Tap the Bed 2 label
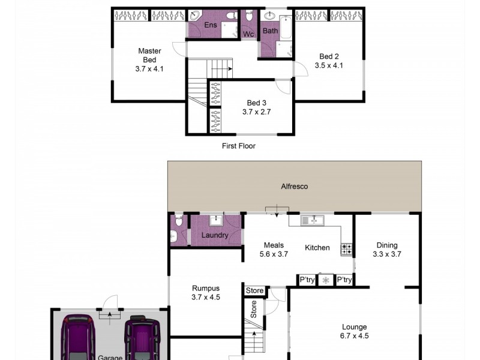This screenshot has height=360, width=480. click(328, 57)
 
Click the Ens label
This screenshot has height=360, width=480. click(210, 25)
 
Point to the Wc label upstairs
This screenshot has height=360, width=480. click(248, 34)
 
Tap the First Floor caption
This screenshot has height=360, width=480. click(238, 146)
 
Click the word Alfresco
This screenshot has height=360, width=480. click(294, 187)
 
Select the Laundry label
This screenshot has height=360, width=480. click(214, 235)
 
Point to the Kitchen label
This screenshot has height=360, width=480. click(317, 247)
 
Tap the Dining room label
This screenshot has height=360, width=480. click(386, 245)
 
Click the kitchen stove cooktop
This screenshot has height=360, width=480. click(347, 248)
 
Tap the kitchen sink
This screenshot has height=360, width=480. click(313, 220)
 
